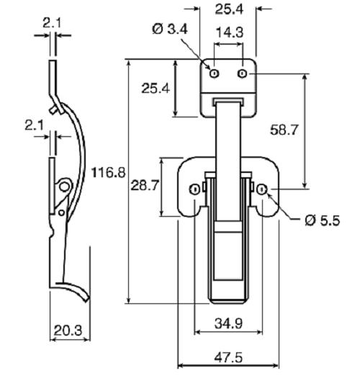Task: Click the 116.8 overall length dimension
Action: click(x=108, y=172)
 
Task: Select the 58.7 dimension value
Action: click(x=284, y=130)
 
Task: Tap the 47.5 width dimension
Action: click(x=228, y=357)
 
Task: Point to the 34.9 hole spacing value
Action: click(x=228, y=323)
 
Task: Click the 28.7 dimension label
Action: click(x=145, y=185)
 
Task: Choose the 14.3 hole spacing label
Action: click(x=230, y=32)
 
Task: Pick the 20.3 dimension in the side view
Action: click(x=68, y=331)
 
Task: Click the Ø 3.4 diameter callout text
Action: click(x=170, y=29)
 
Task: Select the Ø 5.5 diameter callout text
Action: click(x=323, y=220)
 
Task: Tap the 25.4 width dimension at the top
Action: click(x=229, y=9)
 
